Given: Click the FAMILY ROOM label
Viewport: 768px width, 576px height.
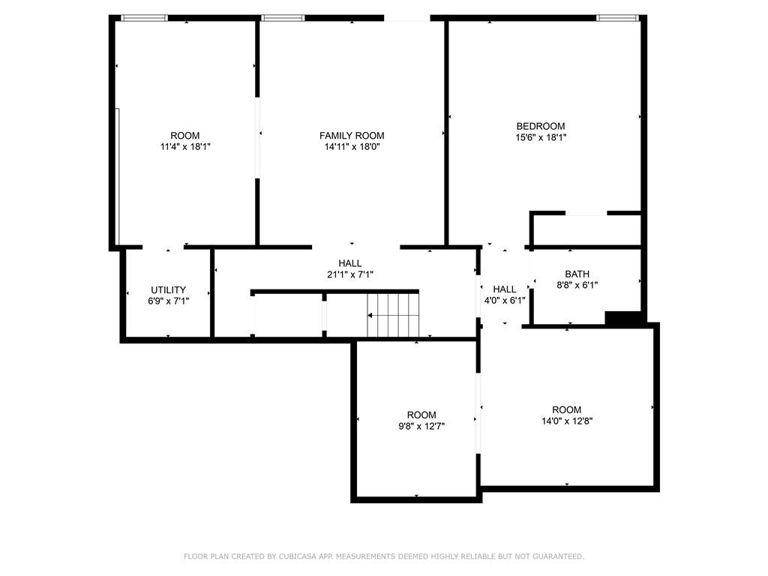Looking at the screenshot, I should pyautogui.click(x=352, y=136).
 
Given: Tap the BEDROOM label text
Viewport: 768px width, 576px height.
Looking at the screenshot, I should pyautogui.click(x=540, y=126).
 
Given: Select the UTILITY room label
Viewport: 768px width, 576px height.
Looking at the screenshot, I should pyautogui.click(x=168, y=289).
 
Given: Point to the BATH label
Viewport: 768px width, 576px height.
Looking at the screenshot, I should pyautogui.click(x=577, y=274).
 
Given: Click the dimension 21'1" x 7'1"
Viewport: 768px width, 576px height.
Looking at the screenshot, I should pyautogui.click(x=350, y=274).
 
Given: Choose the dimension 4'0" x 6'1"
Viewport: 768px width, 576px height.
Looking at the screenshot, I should pyautogui.click(x=505, y=300).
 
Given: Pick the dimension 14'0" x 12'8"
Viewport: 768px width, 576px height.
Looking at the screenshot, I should pyautogui.click(x=566, y=421).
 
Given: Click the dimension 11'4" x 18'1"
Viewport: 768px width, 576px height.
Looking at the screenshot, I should pyautogui.click(x=185, y=147).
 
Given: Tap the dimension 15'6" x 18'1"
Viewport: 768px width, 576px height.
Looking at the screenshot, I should pyautogui.click(x=540, y=137).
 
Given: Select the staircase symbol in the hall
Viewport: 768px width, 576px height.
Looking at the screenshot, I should pyautogui.click(x=391, y=316).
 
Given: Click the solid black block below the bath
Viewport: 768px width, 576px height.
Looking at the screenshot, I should pyautogui.click(x=622, y=318).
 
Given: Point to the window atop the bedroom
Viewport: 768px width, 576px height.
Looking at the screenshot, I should pyautogui.click(x=617, y=17).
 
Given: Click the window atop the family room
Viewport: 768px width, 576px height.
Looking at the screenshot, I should pyautogui.click(x=283, y=17).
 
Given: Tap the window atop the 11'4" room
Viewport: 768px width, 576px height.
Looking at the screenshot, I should pyautogui.click(x=144, y=17).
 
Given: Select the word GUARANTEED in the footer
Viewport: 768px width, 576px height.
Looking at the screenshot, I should pyautogui.click(x=556, y=556).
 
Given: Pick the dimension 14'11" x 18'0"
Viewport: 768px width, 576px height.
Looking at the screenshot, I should pyautogui.click(x=352, y=147).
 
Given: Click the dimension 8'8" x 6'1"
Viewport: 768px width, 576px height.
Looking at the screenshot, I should pyautogui.click(x=577, y=285).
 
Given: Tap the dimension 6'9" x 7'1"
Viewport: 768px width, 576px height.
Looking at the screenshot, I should pyautogui.click(x=168, y=301).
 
